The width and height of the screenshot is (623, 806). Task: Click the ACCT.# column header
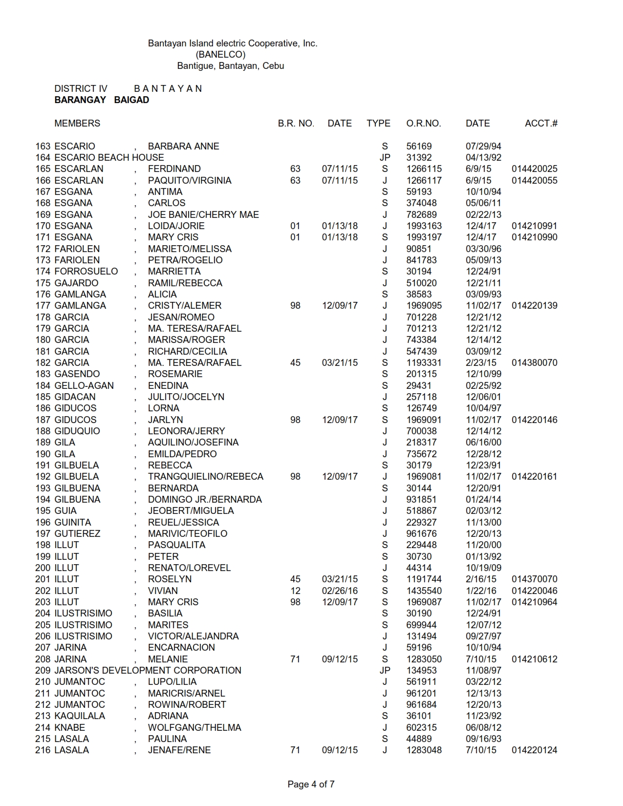click(541, 124)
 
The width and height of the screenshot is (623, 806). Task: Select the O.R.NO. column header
click(423, 124)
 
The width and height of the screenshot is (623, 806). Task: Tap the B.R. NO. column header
click(296, 124)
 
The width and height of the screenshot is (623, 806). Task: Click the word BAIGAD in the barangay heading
click(131, 100)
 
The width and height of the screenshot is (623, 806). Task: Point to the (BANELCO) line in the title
click(220, 55)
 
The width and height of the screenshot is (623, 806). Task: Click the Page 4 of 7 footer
click(311, 785)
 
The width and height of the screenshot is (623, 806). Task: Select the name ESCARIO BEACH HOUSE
click(109, 157)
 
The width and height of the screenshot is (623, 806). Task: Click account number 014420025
click(534, 169)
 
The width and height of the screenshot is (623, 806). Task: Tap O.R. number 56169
click(419, 146)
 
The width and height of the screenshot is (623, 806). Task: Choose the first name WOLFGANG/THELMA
click(194, 727)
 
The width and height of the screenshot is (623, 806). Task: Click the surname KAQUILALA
click(80, 716)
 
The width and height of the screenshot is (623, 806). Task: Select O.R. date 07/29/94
click(483, 146)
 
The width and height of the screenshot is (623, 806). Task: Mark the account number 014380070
click(534, 363)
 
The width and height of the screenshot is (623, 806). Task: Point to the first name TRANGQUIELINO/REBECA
click(205, 477)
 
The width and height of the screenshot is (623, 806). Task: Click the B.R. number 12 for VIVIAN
click(295, 591)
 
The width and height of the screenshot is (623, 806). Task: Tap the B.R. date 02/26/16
click(340, 591)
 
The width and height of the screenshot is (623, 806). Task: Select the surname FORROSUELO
click(86, 272)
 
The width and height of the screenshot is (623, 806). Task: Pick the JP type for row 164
click(385, 157)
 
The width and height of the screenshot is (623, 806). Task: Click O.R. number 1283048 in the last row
click(424, 750)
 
